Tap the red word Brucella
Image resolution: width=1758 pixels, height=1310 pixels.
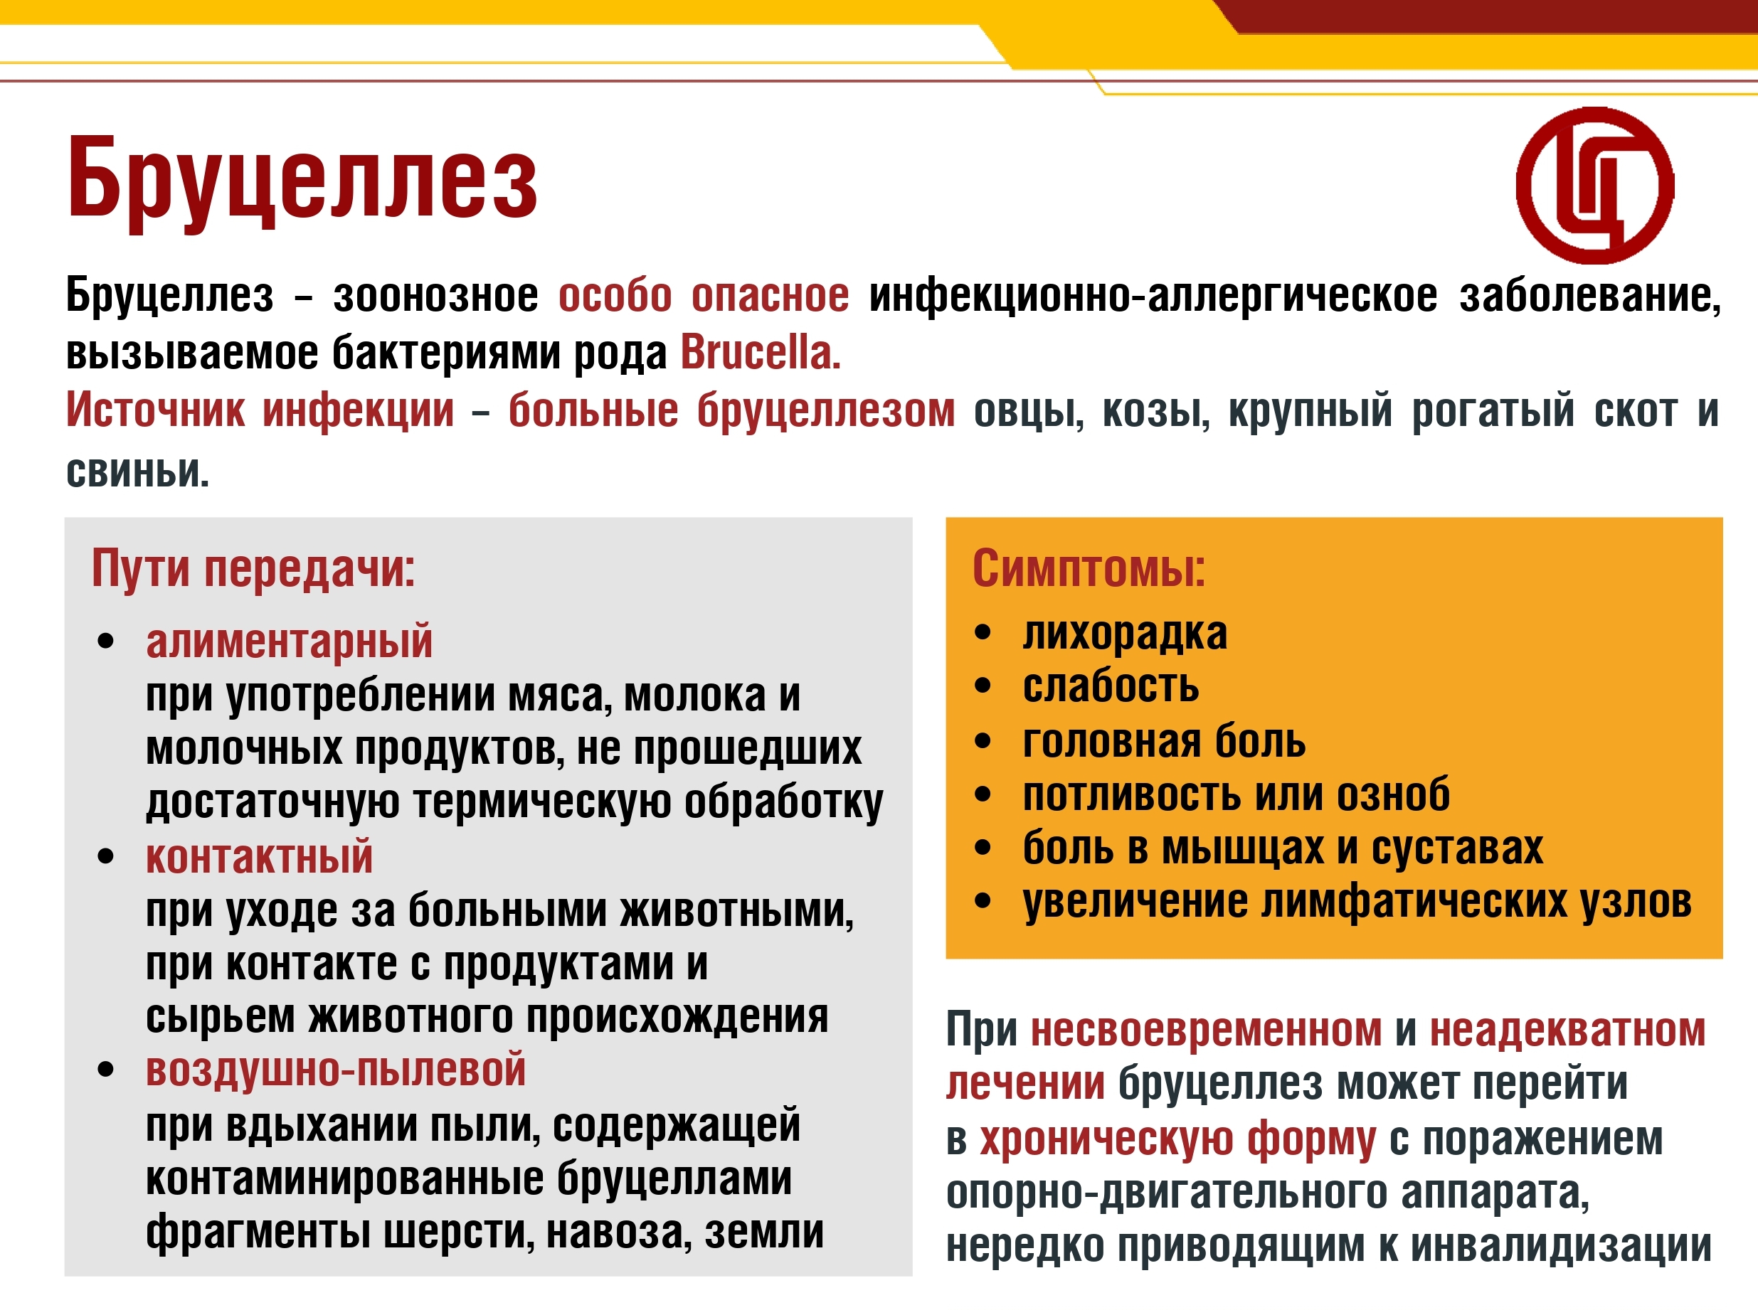tap(761, 353)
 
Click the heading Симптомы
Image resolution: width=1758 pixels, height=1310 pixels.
tap(1089, 568)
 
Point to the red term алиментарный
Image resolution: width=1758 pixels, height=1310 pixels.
tap(289, 641)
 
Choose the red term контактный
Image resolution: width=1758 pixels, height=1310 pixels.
tap(259, 857)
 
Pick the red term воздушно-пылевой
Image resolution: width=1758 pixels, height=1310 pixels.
tap(336, 1070)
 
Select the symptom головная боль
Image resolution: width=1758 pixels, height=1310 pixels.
tap(1164, 742)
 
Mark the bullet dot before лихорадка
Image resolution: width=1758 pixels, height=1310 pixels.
tap(983, 633)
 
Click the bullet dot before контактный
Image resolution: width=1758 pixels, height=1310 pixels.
tap(105, 856)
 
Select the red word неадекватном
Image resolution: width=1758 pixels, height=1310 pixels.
tap(1567, 1031)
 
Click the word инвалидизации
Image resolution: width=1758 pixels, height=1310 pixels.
tap(1560, 1246)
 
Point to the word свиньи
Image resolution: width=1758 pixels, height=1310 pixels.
tap(137, 472)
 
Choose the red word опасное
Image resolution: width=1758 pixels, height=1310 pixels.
tap(770, 296)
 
